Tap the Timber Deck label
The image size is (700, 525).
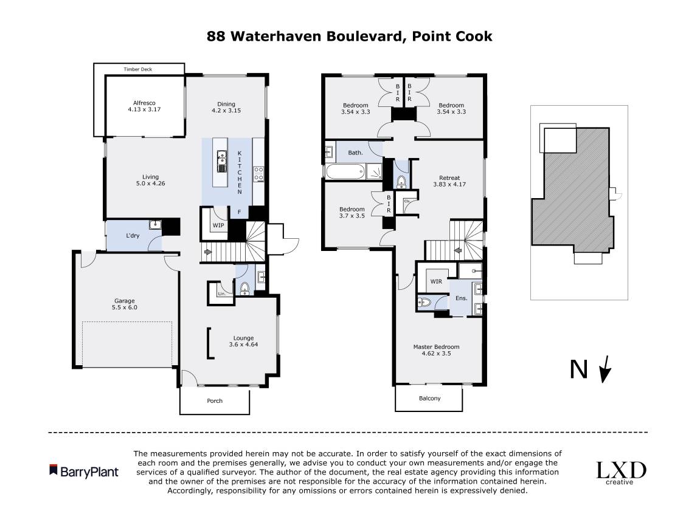[137, 69]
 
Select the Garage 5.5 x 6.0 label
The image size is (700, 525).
[125, 304]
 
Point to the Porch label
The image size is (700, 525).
[215, 400]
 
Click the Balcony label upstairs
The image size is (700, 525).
[429, 399]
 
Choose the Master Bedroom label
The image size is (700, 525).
[436, 350]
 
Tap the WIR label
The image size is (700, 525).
[436, 282]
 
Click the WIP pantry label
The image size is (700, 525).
[218, 225]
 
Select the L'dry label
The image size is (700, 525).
[133, 235]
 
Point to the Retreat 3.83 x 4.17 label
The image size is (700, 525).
[449, 181]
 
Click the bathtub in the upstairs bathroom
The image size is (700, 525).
[344, 173]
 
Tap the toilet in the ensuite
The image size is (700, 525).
[425, 301]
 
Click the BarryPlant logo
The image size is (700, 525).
[84, 472]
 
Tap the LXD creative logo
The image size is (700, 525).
[620, 472]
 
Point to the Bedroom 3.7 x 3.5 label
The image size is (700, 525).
[352, 213]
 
